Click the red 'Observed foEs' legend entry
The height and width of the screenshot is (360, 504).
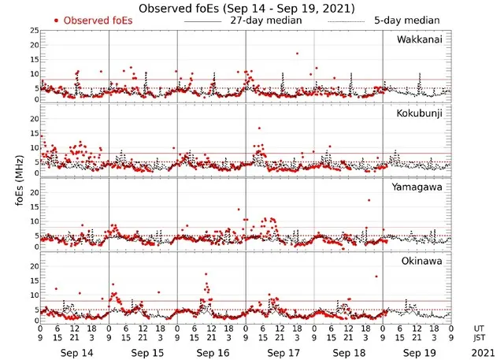coord(94,20)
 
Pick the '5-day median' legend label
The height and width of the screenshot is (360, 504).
coord(409,20)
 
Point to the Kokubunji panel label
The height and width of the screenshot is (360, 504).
coord(419,114)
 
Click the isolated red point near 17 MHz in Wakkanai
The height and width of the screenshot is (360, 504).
coord(297,54)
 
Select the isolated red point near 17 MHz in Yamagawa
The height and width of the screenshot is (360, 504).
coord(368,200)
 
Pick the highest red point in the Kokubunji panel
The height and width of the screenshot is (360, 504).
coord(259,128)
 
